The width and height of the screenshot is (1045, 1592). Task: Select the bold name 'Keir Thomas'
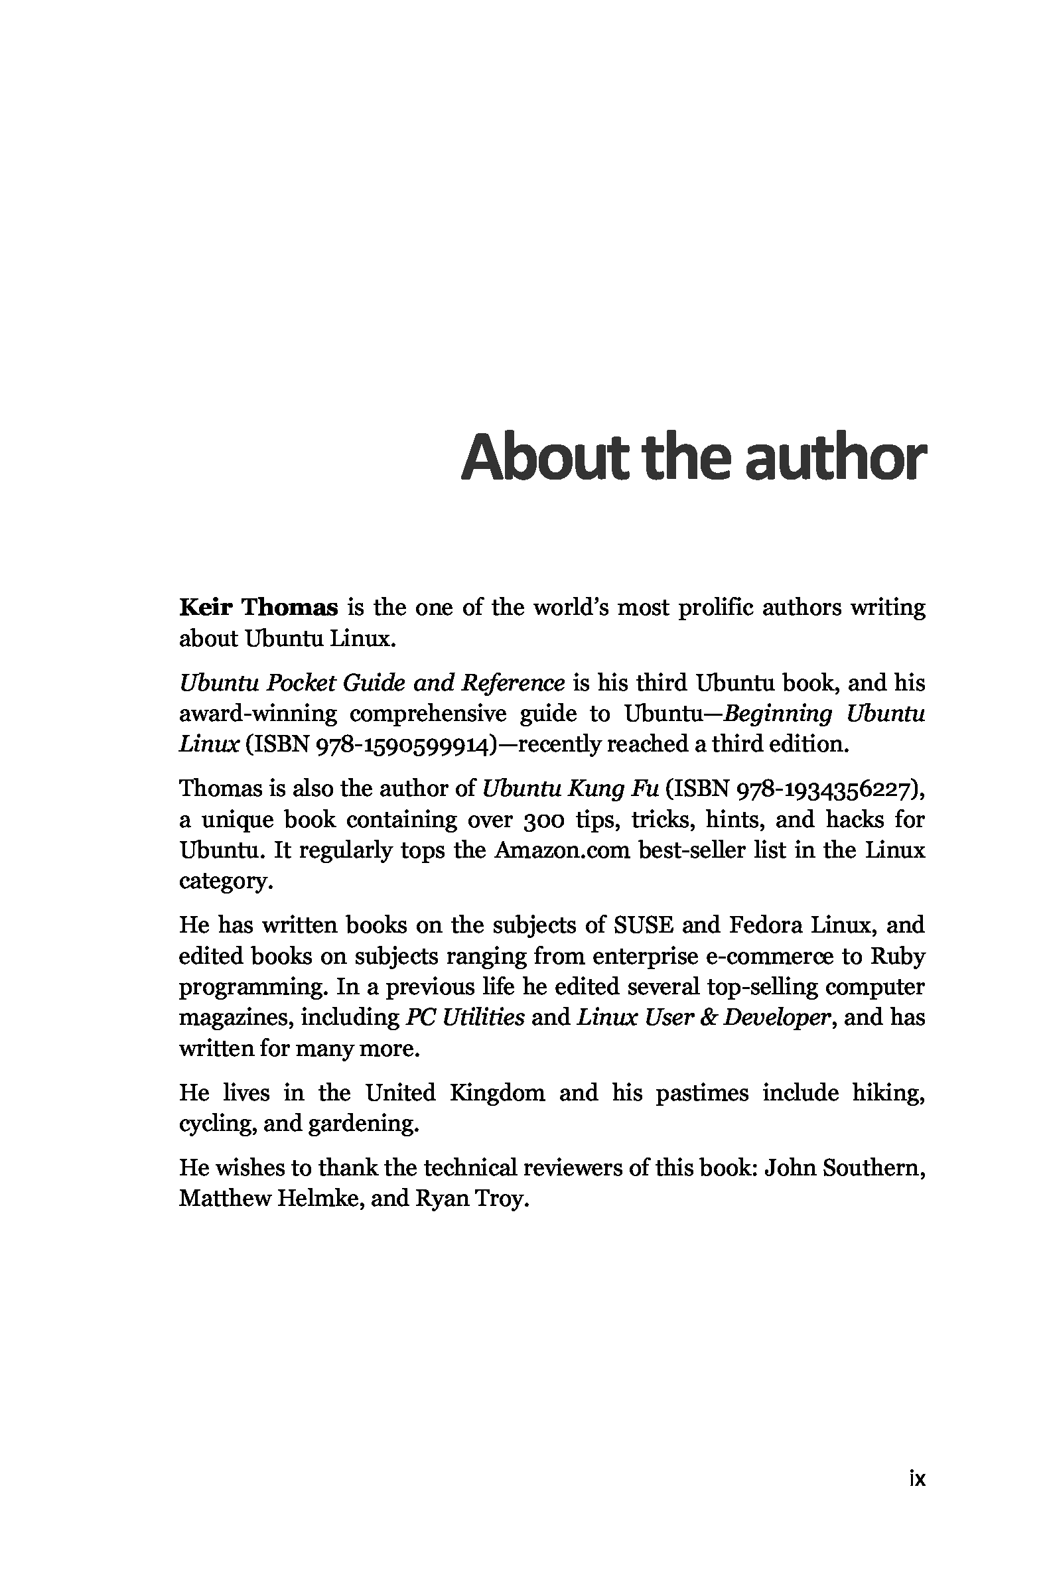258,608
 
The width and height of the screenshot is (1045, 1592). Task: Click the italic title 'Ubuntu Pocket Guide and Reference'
372,683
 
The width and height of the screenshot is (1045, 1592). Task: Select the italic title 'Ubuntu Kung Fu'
571,789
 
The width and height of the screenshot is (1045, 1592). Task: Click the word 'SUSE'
643,925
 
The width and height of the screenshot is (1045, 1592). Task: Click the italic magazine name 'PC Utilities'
465,1018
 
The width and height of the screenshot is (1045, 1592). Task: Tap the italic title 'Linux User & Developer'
703,1018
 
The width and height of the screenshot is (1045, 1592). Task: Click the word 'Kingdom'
496,1093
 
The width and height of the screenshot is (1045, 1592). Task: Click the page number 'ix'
916,1479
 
